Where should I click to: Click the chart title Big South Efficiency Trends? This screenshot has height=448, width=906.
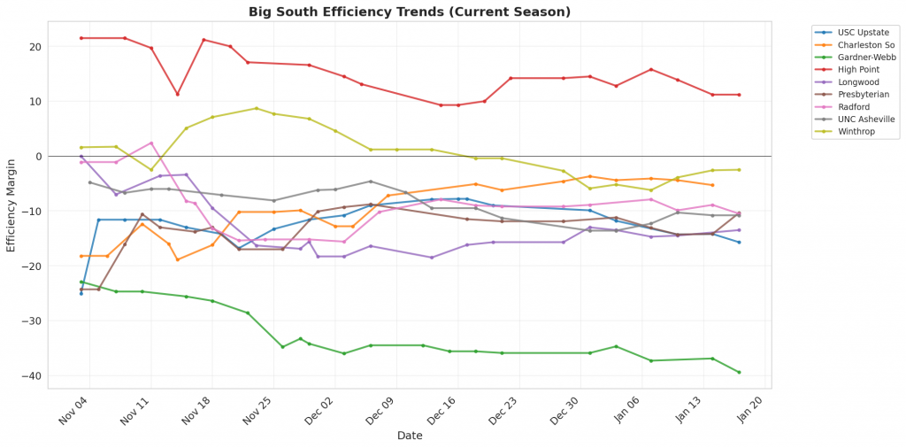(x=410, y=12)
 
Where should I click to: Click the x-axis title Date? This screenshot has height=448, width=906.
(x=410, y=436)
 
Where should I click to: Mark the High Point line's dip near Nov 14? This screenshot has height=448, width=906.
(x=178, y=94)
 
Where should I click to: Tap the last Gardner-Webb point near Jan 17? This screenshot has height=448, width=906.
(x=739, y=372)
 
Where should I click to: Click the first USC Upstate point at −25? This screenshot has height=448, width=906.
(x=81, y=293)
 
